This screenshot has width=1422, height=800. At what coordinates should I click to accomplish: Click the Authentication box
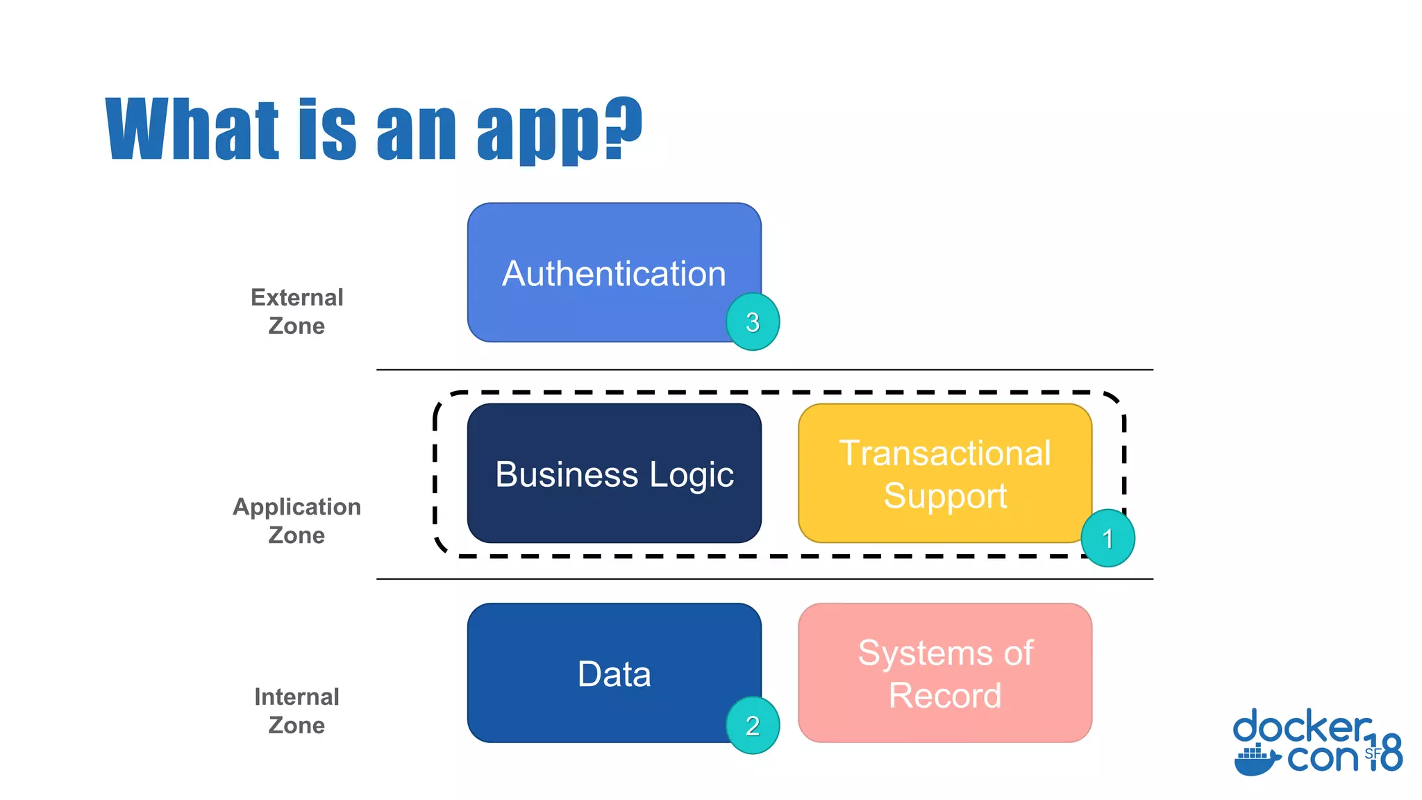pyautogui.click(x=614, y=272)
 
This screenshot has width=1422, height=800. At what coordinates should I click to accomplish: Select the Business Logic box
pyautogui.click(x=614, y=474)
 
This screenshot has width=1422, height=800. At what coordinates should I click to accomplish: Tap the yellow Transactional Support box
pyautogui.click(x=944, y=474)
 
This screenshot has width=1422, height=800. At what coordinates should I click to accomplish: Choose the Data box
pyautogui.click(x=614, y=673)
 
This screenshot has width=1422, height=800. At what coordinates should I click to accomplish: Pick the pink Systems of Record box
pyautogui.click(x=944, y=673)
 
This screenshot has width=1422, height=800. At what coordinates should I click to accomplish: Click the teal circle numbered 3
pyautogui.click(x=753, y=322)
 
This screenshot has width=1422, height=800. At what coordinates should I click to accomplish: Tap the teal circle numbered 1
pyautogui.click(x=1107, y=538)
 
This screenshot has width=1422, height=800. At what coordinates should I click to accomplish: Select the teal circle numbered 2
pyautogui.click(x=753, y=725)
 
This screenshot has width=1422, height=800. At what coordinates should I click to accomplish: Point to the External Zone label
pyautogui.click(x=296, y=311)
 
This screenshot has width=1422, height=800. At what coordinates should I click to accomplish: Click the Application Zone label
pyautogui.click(x=296, y=521)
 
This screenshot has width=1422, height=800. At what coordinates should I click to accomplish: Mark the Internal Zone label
pyautogui.click(x=296, y=710)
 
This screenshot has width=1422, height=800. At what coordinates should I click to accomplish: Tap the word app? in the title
pyautogui.click(x=560, y=130)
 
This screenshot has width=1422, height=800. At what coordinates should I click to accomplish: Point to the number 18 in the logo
pyautogui.click(x=1386, y=753)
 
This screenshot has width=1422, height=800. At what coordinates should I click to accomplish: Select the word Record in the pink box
pyautogui.click(x=944, y=695)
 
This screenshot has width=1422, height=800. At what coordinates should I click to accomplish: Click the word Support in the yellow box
pyautogui.click(x=944, y=496)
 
